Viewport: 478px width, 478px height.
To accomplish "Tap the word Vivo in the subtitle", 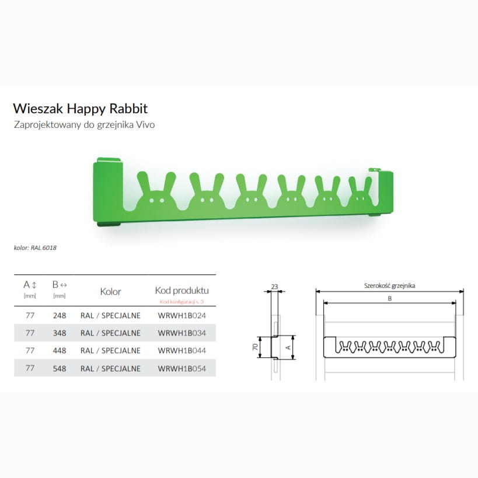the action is coord(145,125).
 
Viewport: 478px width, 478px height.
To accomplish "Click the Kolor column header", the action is coord(110,291).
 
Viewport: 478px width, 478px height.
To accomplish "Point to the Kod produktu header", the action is coord(182,291).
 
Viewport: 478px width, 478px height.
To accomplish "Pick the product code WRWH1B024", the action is coord(182,315).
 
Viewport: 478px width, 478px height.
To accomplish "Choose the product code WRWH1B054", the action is coord(182,368).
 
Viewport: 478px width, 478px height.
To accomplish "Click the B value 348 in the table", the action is coord(60,333).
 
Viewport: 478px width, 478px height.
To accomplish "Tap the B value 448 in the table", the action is coord(60,351).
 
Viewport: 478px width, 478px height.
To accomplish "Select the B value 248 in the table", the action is coord(60,315).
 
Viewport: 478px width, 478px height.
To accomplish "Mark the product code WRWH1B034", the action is coord(182,333).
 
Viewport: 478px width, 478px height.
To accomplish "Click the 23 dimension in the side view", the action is coord(274,287).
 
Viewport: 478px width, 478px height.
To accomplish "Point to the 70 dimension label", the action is coord(255,347).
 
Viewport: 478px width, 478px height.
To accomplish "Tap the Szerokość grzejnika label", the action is coord(389,285).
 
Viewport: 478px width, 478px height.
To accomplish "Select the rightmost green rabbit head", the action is coord(360,192).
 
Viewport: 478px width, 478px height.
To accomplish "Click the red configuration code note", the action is coord(182,302).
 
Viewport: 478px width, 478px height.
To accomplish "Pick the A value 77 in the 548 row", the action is coord(30,368).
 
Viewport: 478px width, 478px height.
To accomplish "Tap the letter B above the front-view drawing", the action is coord(390,298).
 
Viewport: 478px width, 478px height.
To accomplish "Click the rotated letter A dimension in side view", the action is coord(288,347).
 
